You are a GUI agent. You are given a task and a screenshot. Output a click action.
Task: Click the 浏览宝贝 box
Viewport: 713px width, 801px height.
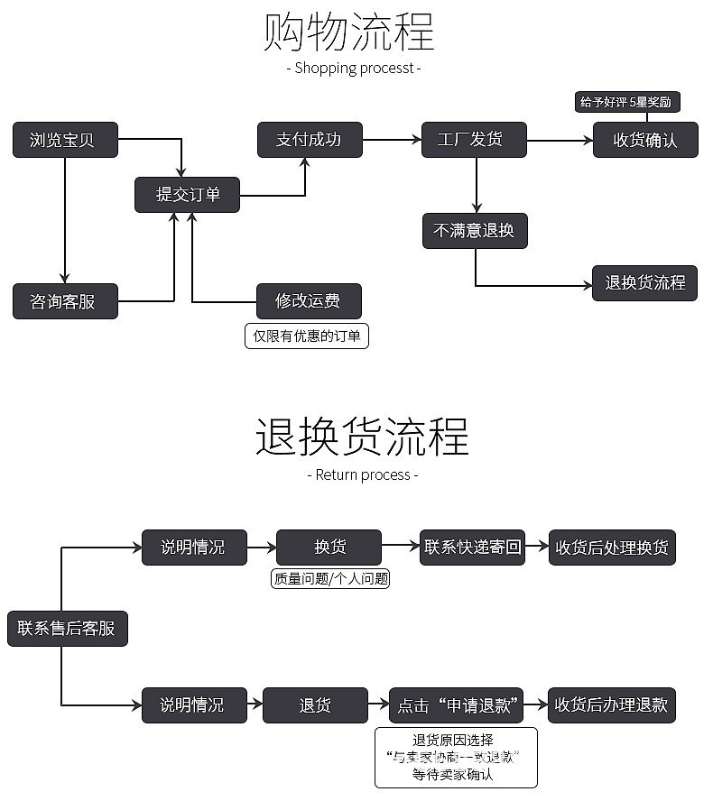click(x=65, y=140)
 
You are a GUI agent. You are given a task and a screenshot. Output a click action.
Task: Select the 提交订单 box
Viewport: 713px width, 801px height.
click(x=187, y=195)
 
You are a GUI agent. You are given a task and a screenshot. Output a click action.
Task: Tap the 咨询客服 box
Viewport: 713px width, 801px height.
click(x=65, y=301)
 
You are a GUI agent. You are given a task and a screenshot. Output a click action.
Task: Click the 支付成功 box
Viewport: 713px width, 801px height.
click(x=310, y=140)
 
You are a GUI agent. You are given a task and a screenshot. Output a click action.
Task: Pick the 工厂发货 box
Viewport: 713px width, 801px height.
click(x=474, y=140)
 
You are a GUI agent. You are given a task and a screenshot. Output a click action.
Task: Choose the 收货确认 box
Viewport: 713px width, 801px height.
click(x=644, y=140)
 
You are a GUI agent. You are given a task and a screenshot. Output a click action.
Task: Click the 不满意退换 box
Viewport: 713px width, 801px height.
click(x=474, y=231)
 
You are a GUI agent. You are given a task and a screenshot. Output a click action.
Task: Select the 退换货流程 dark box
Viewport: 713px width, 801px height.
click(x=644, y=283)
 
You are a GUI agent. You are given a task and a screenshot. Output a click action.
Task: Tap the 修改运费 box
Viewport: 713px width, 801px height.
click(x=309, y=301)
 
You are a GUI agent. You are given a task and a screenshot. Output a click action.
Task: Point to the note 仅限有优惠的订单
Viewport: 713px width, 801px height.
click(x=307, y=336)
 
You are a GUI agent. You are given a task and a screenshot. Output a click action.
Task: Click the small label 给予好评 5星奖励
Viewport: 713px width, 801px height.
click(x=626, y=102)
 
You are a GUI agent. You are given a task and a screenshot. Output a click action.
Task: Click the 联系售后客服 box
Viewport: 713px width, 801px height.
click(x=67, y=628)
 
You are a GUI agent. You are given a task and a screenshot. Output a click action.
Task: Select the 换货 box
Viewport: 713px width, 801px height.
click(x=329, y=548)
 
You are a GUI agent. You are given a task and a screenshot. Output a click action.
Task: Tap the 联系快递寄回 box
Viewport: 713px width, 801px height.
click(x=474, y=548)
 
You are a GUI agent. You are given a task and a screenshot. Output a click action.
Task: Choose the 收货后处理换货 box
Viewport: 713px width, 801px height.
click(x=612, y=548)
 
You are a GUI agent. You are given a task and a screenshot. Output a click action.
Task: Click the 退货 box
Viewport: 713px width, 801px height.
click(x=315, y=704)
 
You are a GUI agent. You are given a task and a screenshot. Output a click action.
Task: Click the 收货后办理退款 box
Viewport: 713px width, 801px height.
click(x=612, y=704)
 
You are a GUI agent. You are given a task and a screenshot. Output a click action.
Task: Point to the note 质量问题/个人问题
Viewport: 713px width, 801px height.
click(x=330, y=579)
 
